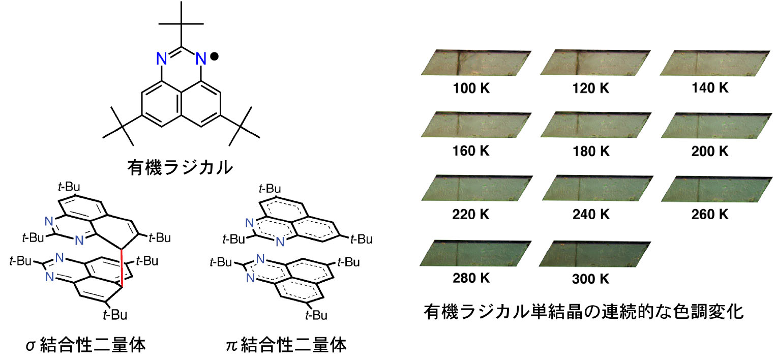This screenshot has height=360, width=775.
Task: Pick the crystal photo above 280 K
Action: pyautogui.click(x=475, y=253)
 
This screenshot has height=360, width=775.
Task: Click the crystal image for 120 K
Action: pyautogui.click(x=595, y=64)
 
